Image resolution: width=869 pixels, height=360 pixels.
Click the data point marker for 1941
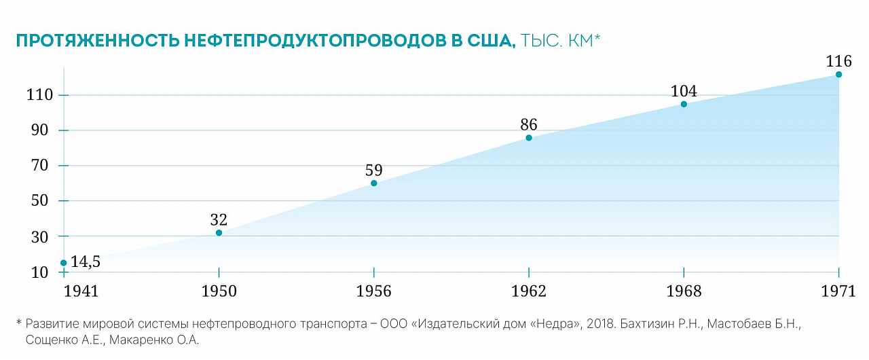[x=64, y=263]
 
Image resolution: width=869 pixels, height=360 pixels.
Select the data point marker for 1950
[x=219, y=233]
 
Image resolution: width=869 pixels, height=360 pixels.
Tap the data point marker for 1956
[x=373, y=183]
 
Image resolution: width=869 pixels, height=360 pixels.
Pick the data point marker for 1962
[x=529, y=138]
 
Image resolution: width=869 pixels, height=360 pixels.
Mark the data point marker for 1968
[x=684, y=104]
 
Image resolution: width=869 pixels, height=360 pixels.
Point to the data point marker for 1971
[x=838, y=74]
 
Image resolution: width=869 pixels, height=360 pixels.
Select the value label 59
[x=373, y=170]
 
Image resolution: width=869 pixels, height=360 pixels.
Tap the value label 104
[x=684, y=91]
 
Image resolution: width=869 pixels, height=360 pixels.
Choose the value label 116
[x=838, y=61]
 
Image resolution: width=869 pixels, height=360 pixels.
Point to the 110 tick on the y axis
[x=39, y=95]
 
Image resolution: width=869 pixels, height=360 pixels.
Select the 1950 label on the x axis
[x=219, y=291]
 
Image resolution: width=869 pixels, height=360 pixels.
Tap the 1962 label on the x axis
[x=529, y=291]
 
